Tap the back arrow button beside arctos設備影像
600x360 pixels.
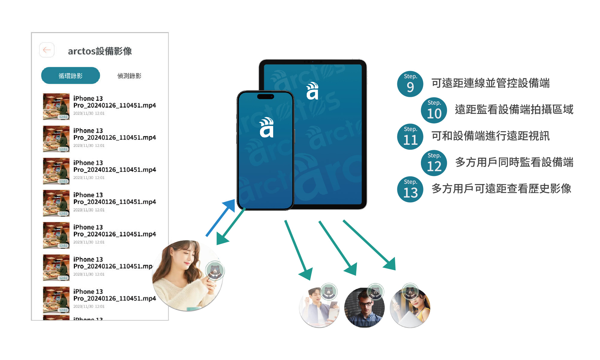coord(47,50)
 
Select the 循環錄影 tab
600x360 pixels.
coord(70,76)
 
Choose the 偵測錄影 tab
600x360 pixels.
coord(129,76)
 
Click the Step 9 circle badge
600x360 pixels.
coord(410,84)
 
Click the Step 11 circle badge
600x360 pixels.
coord(410,137)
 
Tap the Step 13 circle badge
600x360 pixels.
coord(410,189)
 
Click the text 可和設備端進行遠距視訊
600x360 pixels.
coord(490,136)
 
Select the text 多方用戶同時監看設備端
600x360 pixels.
coord(514,162)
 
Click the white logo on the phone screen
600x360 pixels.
coord(267,128)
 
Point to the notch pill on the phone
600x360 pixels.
coord(266,97)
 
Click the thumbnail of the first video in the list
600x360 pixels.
coord(56,106)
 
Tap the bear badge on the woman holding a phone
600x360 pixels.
coord(215,271)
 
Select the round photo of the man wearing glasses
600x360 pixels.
coord(364,308)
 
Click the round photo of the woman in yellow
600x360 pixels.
coord(410,308)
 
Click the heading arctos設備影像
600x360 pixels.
coord(100,51)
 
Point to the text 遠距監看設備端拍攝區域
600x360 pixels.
coord(514,110)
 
